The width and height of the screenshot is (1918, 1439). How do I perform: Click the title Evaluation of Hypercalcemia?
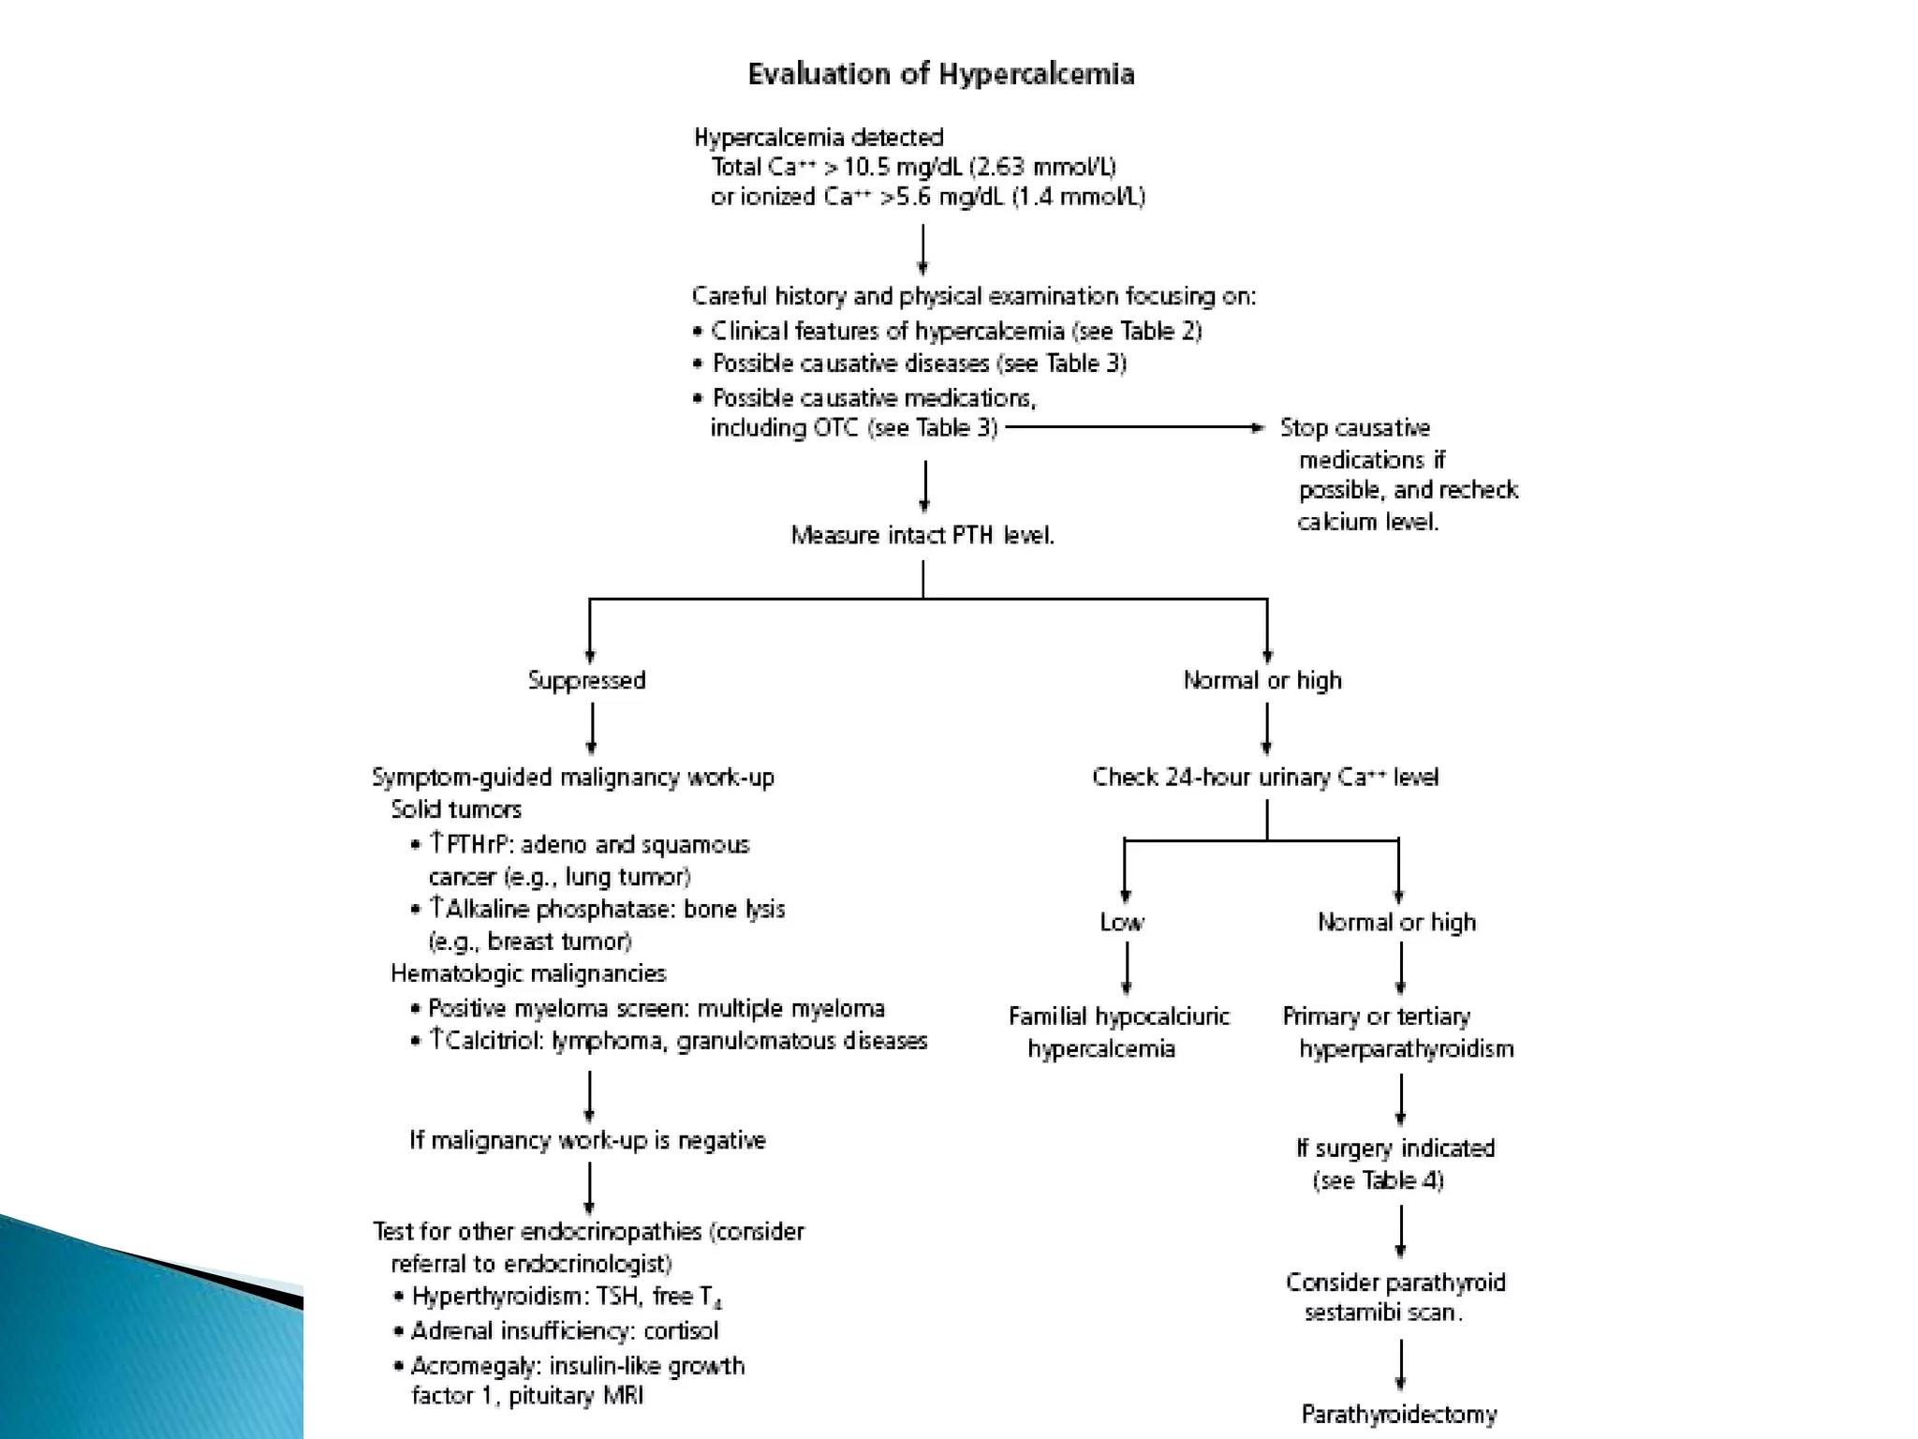point(940,75)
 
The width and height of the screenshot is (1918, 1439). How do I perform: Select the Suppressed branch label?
point(586,680)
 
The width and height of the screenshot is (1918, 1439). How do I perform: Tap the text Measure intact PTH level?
point(922,535)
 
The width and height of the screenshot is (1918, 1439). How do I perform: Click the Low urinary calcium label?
point(1122,923)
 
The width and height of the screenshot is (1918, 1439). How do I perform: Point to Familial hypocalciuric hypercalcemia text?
point(1118,1032)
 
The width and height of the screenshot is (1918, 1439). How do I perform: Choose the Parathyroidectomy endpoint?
point(1399,1414)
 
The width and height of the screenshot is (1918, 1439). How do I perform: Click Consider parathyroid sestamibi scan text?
point(1394,1298)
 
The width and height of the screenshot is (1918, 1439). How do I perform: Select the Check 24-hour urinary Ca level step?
point(1265,778)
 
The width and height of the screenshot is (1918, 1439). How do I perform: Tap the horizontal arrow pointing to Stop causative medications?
point(1134,428)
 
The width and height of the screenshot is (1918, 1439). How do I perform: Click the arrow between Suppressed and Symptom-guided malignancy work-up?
point(591,729)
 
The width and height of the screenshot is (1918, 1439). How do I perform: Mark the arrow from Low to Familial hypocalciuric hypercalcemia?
point(1126,968)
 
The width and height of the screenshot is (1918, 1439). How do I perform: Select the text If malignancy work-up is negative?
point(587,1140)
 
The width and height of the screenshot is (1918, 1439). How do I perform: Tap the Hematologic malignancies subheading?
point(528,973)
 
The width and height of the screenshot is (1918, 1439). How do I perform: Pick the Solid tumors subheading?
point(456,809)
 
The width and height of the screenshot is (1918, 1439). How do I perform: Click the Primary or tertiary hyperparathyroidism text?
point(1397,1032)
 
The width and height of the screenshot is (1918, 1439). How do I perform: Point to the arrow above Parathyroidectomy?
point(1401,1365)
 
